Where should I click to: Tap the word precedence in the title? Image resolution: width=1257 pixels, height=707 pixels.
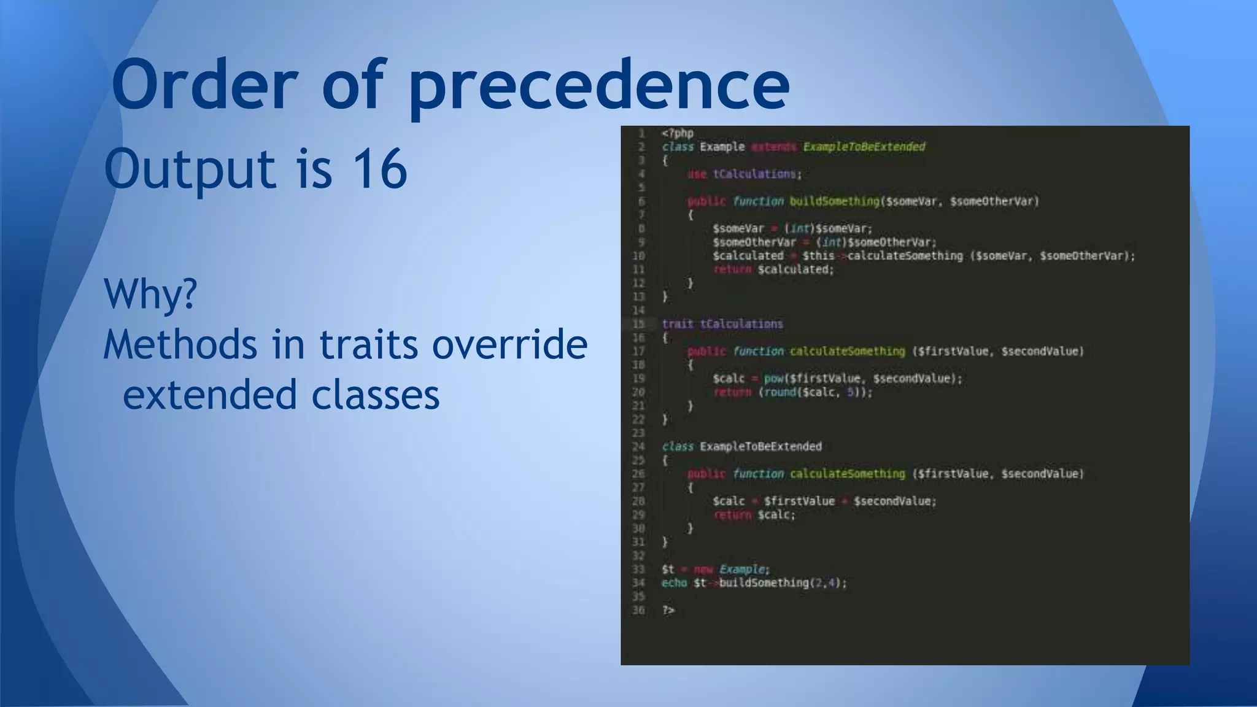599,85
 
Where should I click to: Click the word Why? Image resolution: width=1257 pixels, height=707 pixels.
150,294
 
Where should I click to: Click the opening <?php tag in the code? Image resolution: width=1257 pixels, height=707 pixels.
678,133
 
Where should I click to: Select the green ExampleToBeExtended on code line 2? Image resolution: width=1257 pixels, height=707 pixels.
864,147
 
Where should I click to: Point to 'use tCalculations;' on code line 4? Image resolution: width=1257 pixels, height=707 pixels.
744,174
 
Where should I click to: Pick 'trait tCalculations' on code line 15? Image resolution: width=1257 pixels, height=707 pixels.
722,324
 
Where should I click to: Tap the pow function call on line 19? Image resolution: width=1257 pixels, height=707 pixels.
773,379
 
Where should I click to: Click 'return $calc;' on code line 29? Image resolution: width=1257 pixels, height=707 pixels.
754,515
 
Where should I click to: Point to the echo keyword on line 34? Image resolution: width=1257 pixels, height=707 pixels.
674,583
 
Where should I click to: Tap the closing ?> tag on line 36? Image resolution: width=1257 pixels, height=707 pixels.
668,610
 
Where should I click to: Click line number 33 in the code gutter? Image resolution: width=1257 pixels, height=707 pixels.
638,570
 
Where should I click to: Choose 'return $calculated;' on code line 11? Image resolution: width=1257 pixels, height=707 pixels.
773,269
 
